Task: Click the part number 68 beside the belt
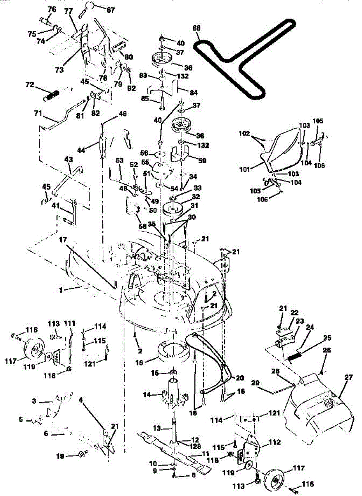point(197,28)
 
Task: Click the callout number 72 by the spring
point(29,85)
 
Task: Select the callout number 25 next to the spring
point(327,339)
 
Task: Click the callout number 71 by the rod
point(38,112)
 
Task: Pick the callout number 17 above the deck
point(62,239)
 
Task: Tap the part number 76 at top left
point(52,9)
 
